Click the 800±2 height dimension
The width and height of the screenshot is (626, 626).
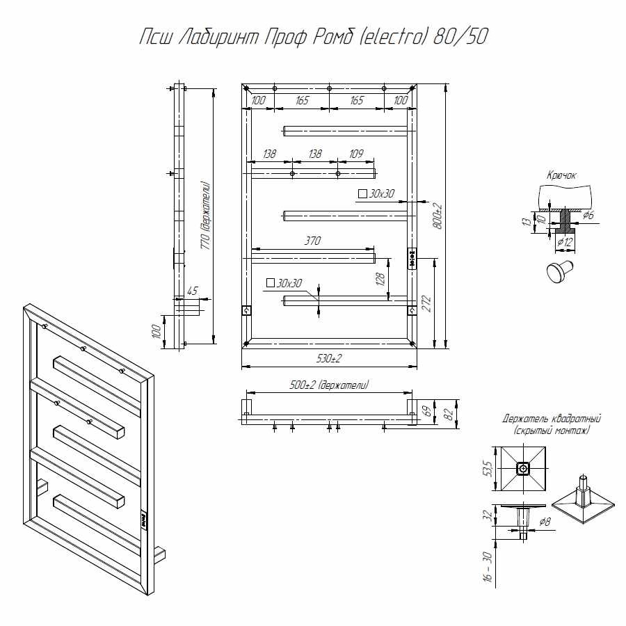438,216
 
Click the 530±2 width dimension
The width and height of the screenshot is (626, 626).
328,359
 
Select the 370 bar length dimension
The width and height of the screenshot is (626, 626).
312,241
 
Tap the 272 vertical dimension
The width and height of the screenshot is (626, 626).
426,303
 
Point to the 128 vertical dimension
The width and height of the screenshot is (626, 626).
380,279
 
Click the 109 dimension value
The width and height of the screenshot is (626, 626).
356,154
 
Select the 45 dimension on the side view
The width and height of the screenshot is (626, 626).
193,291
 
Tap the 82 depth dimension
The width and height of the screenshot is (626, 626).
449,413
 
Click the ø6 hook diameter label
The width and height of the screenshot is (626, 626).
588,216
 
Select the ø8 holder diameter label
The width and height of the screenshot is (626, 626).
545,521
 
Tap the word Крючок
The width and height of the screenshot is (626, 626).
562,177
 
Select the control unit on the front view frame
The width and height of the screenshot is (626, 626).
412,258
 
